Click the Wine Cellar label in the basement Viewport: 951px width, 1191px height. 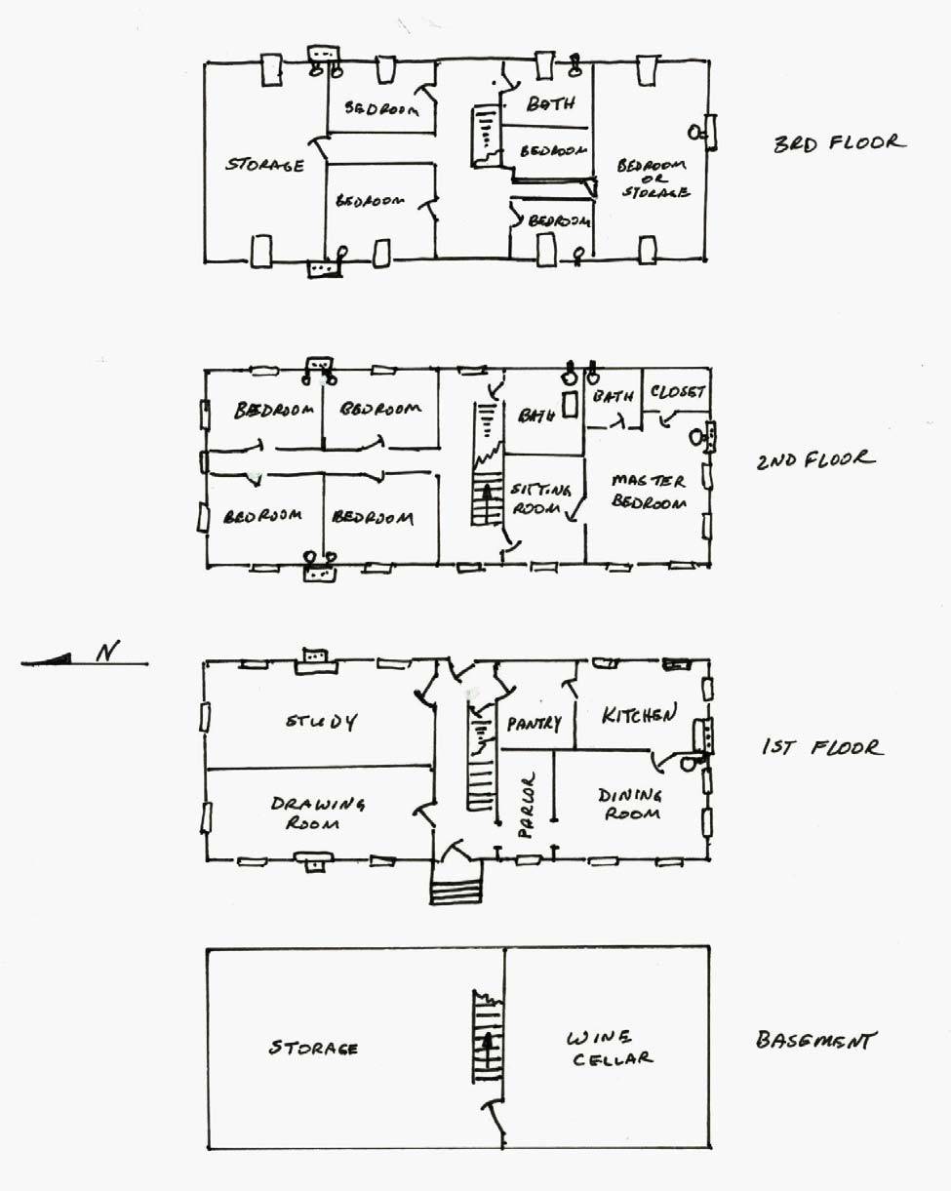[x=610, y=1048]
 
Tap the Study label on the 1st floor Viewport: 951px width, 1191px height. [x=322, y=722]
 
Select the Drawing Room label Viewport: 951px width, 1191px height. [x=317, y=813]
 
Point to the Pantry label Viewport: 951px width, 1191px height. [x=535, y=723]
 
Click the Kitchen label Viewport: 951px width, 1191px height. [x=639, y=714]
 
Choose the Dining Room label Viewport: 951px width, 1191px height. [x=630, y=805]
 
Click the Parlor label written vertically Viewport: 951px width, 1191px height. [x=527, y=806]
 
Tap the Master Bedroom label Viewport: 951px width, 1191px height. [x=649, y=492]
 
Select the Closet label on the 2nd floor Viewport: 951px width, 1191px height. [x=678, y=392]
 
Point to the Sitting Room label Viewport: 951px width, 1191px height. [x=539, y=498]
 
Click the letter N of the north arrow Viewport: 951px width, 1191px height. [x=108, y=652]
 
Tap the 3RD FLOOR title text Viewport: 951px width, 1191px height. [x=839, y=143]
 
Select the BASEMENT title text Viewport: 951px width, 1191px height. [x=815, y=1040]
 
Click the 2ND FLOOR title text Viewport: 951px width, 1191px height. [x=815, y=459]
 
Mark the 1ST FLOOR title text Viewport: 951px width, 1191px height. [x=822, y=748]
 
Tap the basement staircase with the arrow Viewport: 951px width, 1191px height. [x=488, y=1036]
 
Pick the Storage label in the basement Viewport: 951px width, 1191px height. [x=313, y=1048]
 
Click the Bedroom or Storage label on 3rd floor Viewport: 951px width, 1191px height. [x=654, y=179]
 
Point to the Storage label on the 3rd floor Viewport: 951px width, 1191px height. [x=264, y=165]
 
